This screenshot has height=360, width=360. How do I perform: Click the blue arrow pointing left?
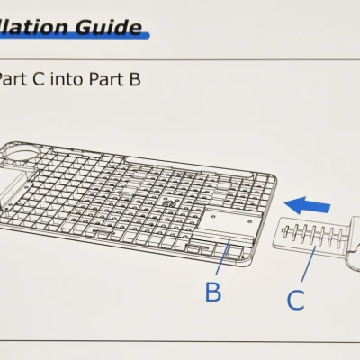coord(304,205)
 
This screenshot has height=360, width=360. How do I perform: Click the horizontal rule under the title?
coord(180,59)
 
